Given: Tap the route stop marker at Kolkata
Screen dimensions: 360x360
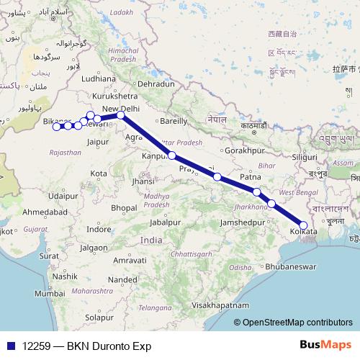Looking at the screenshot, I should click(x=304, y=225).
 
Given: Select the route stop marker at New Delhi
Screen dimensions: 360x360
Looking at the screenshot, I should click(x=121, y=115).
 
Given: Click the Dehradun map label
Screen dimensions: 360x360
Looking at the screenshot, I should click(x=156, y=84).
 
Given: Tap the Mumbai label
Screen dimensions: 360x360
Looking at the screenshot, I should click(x=50, y=294).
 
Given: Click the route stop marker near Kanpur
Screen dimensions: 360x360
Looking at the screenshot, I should click(x=172, y=155).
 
